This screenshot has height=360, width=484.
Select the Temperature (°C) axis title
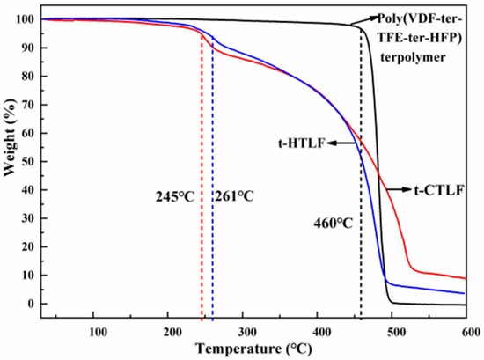[x=255, y=349]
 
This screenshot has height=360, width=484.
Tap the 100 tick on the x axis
[x=99, y=330]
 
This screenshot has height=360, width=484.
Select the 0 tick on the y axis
[x=30, y=304]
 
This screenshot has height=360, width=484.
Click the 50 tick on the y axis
[x=26, y=162]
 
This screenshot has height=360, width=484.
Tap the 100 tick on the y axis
[x=24, y=19]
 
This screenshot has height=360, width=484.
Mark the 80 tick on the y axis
[x=26, y=77]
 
